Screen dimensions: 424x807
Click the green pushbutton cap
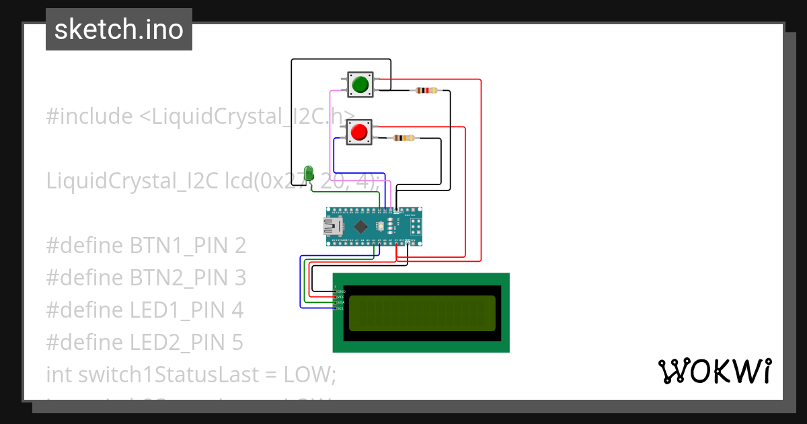pyautogui.click(x=360, y=84)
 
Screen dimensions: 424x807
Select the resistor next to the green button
pyautogui.click(x=426, y=90)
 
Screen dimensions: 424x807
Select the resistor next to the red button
pyautogui.click(x=403, y=138)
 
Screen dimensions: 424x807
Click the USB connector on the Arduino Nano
pyautogui.click(x=333, y=226)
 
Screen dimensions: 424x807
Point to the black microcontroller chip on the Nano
pyautogui.click(x=362, y=226)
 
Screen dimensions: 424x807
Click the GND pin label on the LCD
pyautogui.click(x=340, y=291)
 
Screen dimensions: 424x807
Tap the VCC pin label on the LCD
pyautogui.click(x=340, y=297)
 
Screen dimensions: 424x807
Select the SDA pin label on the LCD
pyautogui.click(x=340, y=302)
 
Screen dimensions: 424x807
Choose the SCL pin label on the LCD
pyautogui.click(x=340, y=308)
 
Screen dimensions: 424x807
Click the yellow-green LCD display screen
pyautogui.click(x=421, y=313)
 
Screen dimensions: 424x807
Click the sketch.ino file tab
pyautogui.click(x=119, y=30)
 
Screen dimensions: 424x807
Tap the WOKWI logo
pyautogui.click(x=714, y=372)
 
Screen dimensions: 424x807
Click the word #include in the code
pyautogui.click(x=89, y=116)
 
